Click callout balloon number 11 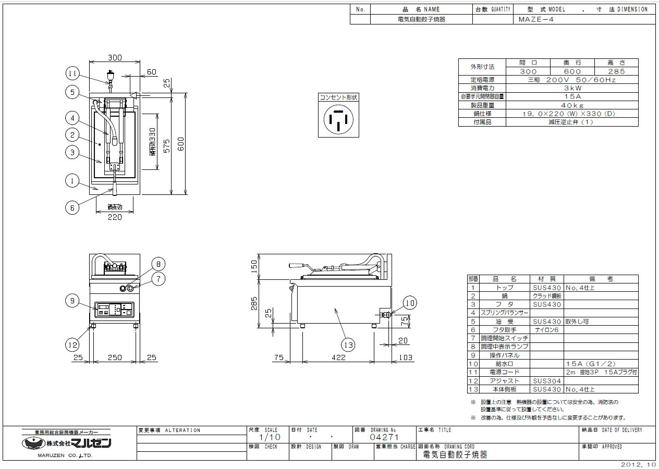click(73, 73)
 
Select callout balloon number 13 click(348, 344)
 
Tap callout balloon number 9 click(73, 300)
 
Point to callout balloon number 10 click(409, 302)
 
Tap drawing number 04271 click(384, 437)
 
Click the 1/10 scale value click(270, 437)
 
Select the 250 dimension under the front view click(115, 358)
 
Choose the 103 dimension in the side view click(405, 358)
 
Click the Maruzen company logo click(67, 443)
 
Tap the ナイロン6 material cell click(546, 330)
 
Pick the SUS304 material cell click(546, 381)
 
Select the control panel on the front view click(114, 309)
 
